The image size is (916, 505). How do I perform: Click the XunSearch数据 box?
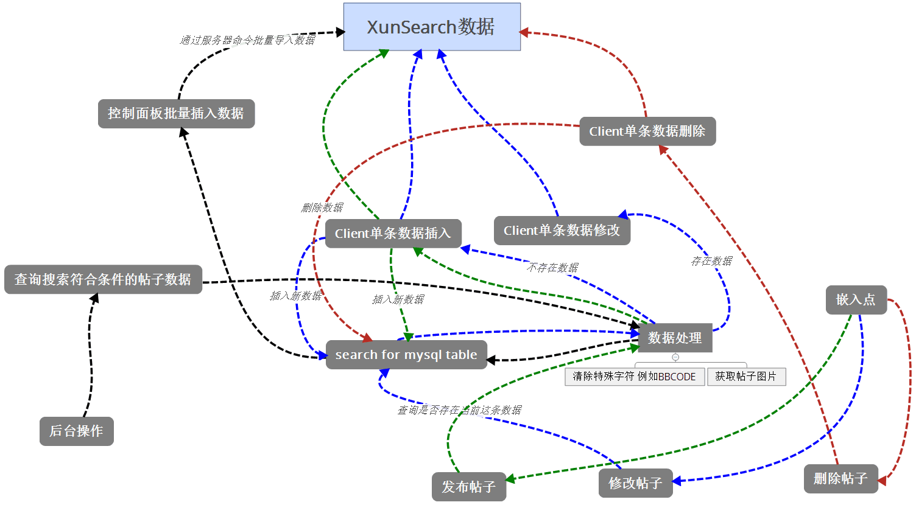[432, 27]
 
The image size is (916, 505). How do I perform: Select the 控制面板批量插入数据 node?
[176, 114]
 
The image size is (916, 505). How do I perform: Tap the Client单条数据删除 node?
[647, 131]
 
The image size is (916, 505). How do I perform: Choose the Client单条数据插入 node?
[393, 234]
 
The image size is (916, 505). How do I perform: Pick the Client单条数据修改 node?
[562, 231]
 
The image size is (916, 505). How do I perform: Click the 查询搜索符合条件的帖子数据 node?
[103, 279]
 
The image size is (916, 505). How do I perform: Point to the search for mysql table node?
[406, 355]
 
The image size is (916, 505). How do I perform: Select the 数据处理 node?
[675, 338]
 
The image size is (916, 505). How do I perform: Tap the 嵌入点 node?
[856, 300]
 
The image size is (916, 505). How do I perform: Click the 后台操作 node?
[76, 431]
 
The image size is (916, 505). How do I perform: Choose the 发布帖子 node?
[468, 487]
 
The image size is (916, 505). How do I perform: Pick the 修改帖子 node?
[635, 483]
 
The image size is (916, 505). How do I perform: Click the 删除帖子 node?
[840, 479]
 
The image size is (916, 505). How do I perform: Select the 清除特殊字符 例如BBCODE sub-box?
[634, 377]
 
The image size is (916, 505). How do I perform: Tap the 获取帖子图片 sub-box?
[746, 377]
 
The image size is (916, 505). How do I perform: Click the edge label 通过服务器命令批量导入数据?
[247, 40]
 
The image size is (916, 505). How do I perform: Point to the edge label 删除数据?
[322, 208]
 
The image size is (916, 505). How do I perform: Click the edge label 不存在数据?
[552, 268]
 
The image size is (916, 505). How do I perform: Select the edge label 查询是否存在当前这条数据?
[459, 410]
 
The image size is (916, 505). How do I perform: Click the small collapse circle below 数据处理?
[675, 357]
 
